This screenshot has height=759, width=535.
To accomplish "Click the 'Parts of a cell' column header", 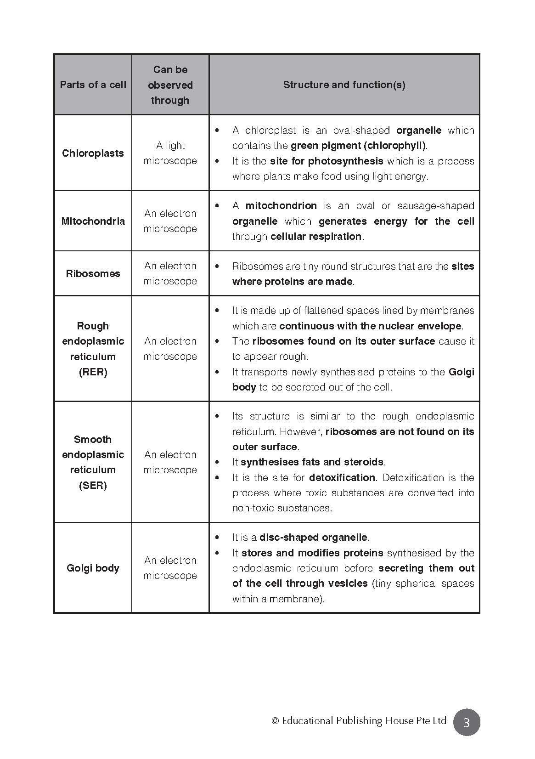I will (x=93, y=85).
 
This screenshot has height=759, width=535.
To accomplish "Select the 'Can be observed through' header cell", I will (x=170, y=85).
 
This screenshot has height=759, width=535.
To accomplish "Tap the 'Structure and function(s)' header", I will (x=344, y=85).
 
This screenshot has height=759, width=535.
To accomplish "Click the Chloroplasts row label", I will (x=93, y=153).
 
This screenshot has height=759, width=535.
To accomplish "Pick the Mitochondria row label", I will (x=93, y=221).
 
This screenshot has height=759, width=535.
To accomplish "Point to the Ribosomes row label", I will (x=93, y=273).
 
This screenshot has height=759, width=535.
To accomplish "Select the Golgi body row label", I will (x=93, y=568).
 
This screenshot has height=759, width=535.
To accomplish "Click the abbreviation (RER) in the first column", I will (x=93, y=372).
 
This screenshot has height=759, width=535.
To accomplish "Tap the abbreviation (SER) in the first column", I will (x=93, y=485).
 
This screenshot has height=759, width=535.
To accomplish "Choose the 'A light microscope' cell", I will (x=170, y=153).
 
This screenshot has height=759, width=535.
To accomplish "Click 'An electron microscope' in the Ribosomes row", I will (x=170, y=273).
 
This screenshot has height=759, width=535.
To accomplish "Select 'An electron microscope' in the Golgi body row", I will (x=170, y=568).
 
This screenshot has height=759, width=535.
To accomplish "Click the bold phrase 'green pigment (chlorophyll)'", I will (x=358, y=146).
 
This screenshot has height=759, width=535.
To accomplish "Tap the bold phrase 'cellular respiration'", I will (x=316, y=237).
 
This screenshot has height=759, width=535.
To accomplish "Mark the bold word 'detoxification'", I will (x=342, y=478).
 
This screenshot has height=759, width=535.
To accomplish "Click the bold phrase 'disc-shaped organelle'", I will (x=313, y=538).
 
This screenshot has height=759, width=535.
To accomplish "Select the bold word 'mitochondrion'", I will (x=281, y=206).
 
